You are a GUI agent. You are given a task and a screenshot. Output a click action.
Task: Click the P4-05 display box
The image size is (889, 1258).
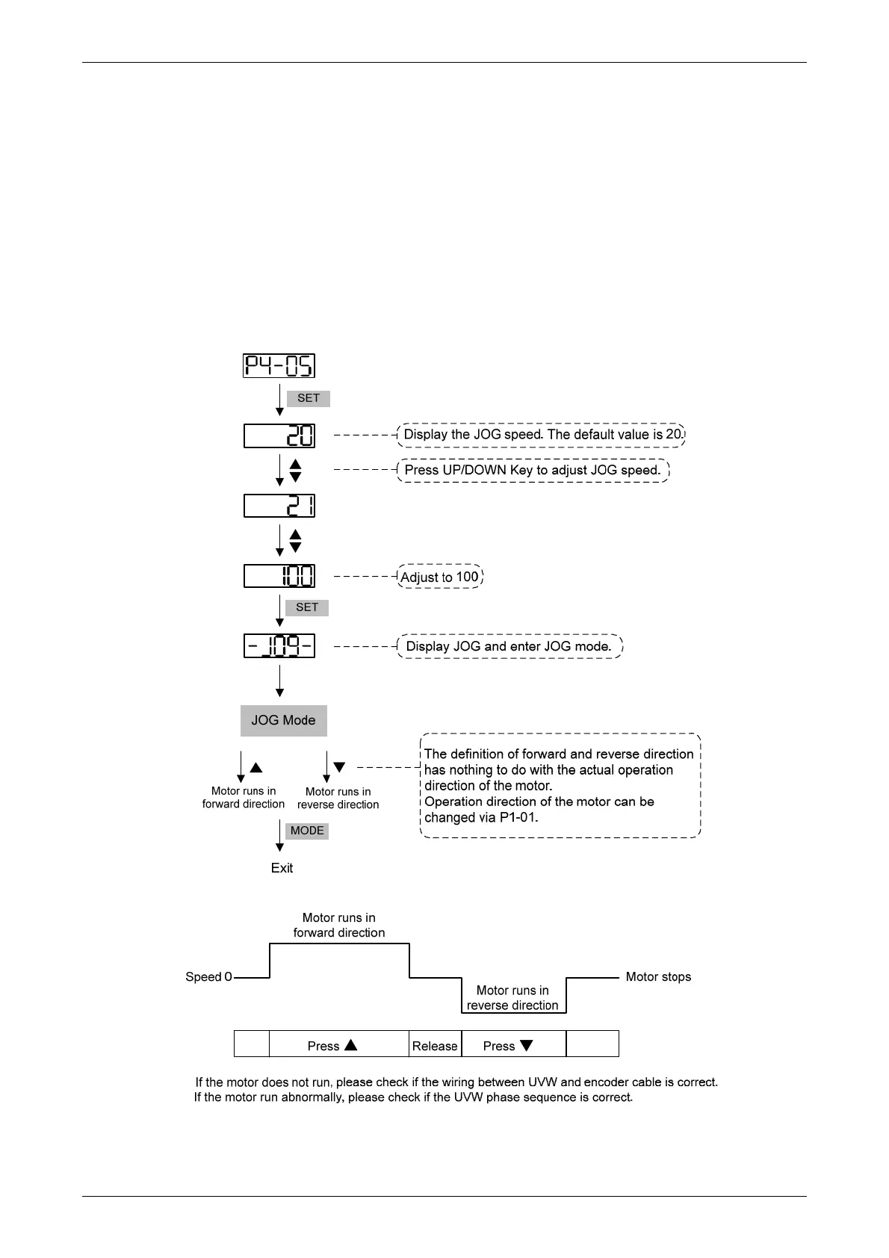click(x=279, y=366)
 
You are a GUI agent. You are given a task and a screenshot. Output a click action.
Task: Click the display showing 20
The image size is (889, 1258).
click(x=279, y=436)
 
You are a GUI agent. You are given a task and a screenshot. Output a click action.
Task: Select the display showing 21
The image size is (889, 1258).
click(x=279, y=506)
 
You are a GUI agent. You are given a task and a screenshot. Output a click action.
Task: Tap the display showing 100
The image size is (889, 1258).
click(x=279, y=576)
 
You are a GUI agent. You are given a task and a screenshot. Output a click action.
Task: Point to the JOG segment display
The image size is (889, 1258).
click(x=279, y=645)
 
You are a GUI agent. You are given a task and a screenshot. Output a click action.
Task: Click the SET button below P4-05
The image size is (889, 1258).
click(x=308, y=398)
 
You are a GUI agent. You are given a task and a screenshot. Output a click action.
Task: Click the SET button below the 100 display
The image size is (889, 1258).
click(x=307, y=607)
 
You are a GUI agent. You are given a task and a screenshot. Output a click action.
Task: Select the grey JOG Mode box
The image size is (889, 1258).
click(x=283, y=721)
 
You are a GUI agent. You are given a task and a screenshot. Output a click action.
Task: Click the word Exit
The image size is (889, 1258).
click(x=282, y=868)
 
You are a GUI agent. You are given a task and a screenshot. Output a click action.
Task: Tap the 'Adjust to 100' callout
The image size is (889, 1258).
click(x=439, y=577)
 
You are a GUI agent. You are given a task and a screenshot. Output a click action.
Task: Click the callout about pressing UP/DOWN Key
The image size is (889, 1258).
click(x=533, y=471)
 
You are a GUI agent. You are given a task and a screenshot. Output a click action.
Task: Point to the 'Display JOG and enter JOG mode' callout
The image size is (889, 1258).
click(x=509, y=646)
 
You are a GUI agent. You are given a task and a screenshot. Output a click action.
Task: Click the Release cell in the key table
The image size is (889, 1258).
click(x=435, y=1046)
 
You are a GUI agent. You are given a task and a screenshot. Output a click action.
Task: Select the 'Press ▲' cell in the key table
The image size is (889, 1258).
click(x=339, y=1046)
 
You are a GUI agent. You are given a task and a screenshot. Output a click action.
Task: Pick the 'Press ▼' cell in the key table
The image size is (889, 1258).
click(x=514, y=1046)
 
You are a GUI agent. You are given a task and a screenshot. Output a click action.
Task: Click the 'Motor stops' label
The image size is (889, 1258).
click(x=658, y=977)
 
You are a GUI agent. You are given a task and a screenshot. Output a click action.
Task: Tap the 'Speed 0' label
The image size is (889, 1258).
click(x=208, y=977)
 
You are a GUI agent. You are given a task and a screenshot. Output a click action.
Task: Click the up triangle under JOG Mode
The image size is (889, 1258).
click(x=256, y=767)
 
